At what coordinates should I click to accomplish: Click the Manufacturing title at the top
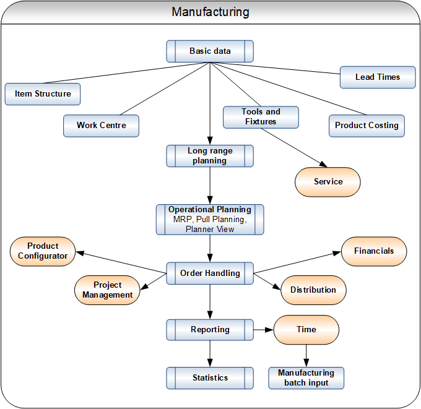pyautogui.click(x=210, y=12)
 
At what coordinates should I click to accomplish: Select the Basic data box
pyautogui.click(x=210, y=51)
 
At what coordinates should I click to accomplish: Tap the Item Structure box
pyautogui.click(x=43, y=94)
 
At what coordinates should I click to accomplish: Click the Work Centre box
pyautogui.click(x=101, y=126)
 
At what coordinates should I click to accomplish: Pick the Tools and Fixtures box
pyautogui.click(x=261, y=117)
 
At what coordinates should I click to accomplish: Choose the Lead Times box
pyautogui.click(x=377, y=77)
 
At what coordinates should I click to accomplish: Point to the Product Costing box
pyautogui.click(x=367, y=126)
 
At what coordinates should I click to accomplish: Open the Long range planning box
pyautogui.click(x=210, y=156)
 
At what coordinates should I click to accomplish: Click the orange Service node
pyautogui.click(x=328, y=182)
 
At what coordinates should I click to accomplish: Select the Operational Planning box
pyautogui.click(x=210, y=219)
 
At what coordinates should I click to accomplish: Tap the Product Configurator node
pyautogui.click(x=43, y=251)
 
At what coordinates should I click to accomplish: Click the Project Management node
pyautogui.click(x=107, y=290)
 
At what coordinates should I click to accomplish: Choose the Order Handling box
pyautogui.click(x=210, y=273)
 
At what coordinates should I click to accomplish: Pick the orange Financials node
pyautogui.click(x=373, y=251)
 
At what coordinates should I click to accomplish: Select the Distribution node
pyautogui.click(x=313, y=290)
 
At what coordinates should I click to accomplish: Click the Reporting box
pyautogui.click(x=210, y=330)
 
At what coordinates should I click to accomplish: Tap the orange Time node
pyautogui.click(x=306, y=330)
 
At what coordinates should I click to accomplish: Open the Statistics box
pyautogui.click(x=210, y=378)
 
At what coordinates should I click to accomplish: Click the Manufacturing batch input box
pyautogui.click(x=306, y=378)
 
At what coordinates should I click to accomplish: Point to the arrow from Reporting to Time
pyautogui.click(x=264, y=330)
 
